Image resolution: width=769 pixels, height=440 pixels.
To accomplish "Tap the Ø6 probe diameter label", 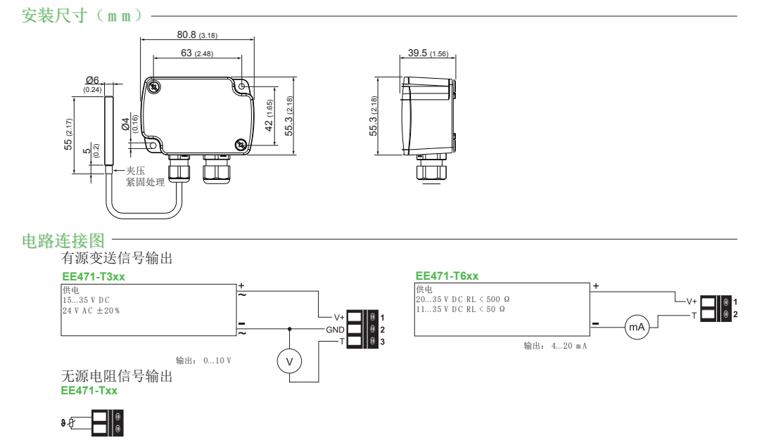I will point(92,81).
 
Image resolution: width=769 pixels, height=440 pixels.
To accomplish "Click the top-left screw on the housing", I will point(153,87).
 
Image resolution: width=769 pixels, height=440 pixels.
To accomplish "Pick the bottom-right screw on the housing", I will point(241,144).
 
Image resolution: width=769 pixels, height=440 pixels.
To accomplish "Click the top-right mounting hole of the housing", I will point(242,86).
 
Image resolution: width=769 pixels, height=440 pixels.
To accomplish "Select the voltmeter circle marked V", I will point(288,361).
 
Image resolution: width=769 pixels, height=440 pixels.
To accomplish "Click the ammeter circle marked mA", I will point(637,328).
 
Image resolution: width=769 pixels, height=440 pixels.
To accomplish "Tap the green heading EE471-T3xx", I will point(94,277).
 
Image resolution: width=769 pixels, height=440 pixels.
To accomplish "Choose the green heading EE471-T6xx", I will point(447,276).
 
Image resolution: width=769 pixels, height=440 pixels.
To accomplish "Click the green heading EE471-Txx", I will point(89,390).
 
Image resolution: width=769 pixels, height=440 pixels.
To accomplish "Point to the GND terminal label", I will point(334,329).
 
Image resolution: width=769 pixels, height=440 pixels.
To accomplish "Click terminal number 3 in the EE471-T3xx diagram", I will point(382,342).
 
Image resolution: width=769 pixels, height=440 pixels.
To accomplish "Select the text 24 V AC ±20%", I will point(91,310).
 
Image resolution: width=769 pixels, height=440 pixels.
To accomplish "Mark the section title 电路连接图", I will point(63,241).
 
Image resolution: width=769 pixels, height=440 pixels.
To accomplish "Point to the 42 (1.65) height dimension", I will point(269,115).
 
